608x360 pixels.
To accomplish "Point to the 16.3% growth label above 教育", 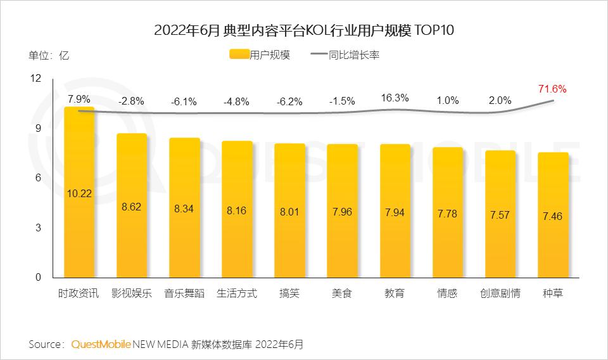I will pyautogui.click(x=395, y=98).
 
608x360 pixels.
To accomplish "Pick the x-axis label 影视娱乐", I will pyautogui.click(x=131, y=294).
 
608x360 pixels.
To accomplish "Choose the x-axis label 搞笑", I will pyautogui.click(x=289, y=294).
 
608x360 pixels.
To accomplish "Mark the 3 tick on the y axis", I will pyautogui.click(x=37, y=228).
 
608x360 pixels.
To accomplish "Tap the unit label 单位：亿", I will pyautogui.click(x=49, y=55).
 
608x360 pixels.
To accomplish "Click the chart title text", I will pyautogui.click(x=305, y=30).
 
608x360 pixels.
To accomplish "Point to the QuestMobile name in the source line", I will pyautogui.click(x=101, y=345).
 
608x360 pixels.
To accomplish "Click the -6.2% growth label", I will pyautogui.click(x=289, y=101).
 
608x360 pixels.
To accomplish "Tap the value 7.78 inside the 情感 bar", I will pyautogui.click(x=447, y=214).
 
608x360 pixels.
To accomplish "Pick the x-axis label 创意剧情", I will pyautogui.click(x=500, y=294).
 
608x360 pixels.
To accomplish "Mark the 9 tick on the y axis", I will pyautogui.click(x=37, y=129).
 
